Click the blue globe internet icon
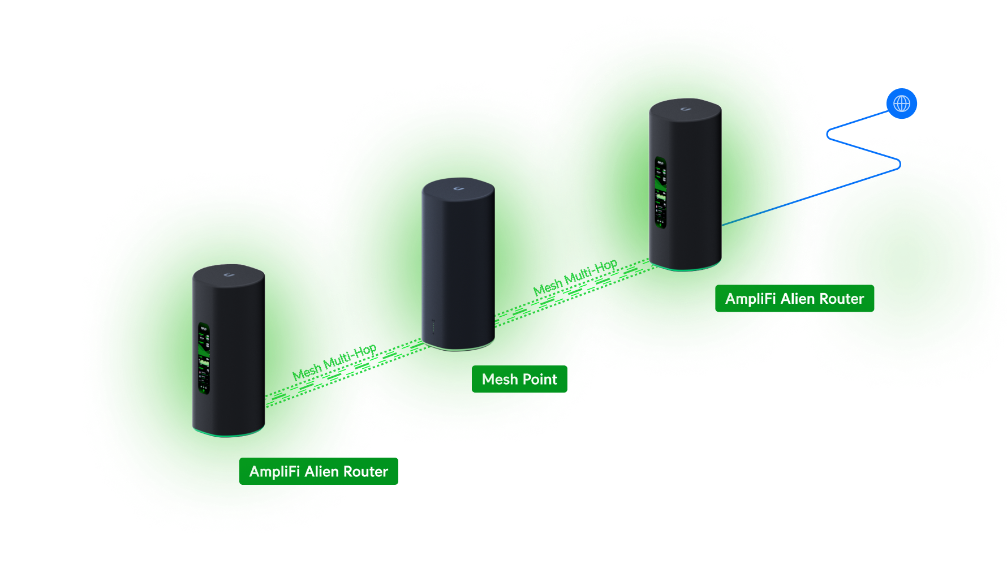902,104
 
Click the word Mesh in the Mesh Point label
500,380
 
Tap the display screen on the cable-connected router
660,193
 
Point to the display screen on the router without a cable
204,359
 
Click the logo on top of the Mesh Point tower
458,188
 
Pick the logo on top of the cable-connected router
685,109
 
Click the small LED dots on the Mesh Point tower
433,328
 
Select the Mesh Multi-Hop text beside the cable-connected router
575,278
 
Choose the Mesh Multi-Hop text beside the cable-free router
334,363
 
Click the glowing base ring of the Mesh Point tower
459,346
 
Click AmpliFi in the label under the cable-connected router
750,299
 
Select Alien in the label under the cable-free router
321,472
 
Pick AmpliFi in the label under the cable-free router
274,472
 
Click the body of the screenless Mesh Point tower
459,260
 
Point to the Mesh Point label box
519,380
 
